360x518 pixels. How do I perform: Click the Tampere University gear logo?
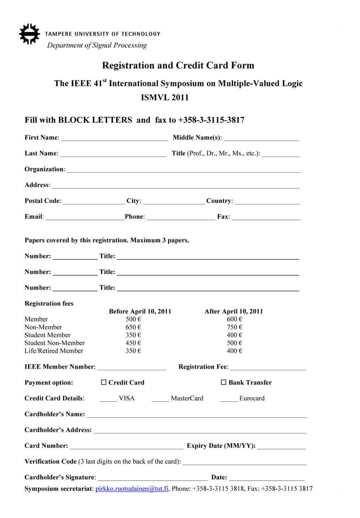tap(29, 34)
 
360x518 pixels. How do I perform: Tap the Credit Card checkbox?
tap(103, 382)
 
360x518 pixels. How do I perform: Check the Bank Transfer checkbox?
tap(223, 382)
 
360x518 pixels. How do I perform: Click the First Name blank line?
tap(114, 138)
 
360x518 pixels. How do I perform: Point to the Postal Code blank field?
tap(94, 202)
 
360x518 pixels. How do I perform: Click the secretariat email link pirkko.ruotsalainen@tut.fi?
tap(132, 489)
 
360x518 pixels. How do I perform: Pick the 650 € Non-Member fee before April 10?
tap(133, 327)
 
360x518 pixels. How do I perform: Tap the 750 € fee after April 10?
tap(235, 327)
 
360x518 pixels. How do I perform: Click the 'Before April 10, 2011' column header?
tap(140, 311)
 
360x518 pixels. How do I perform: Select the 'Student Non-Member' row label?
tap(55, 343)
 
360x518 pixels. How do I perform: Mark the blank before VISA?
tap(108, 399)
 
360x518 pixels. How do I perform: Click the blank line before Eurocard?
tap(229, 399)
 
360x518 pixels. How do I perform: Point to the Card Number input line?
tap(126, 446)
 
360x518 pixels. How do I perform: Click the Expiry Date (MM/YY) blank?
tap(281, 446)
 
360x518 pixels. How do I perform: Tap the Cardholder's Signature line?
tap(152, 478)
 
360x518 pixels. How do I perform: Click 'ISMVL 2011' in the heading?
tap(165, 97)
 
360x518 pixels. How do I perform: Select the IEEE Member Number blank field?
tap(132, 367)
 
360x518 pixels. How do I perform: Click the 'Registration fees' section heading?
tap(49, 303)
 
